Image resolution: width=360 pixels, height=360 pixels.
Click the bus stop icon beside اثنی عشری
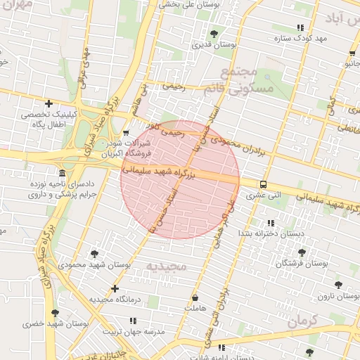[263, 185]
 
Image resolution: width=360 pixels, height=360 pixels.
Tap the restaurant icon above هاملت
[195, 298]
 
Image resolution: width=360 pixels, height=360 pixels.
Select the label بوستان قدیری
[214, 44]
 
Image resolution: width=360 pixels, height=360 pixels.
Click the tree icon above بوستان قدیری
[214, 33]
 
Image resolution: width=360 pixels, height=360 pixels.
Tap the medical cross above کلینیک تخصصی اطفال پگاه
[49, 104]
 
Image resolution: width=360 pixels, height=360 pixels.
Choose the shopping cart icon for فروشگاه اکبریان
[125, 132]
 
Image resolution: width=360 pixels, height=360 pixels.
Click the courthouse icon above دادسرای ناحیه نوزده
[63, 173]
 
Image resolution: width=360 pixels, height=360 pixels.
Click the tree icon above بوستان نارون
[338, 285]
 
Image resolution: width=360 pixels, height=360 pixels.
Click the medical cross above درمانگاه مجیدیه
[115, 288]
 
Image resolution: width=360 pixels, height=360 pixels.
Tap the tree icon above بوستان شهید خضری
[55, 313]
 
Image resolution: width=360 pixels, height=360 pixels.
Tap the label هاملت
[189, 309]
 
